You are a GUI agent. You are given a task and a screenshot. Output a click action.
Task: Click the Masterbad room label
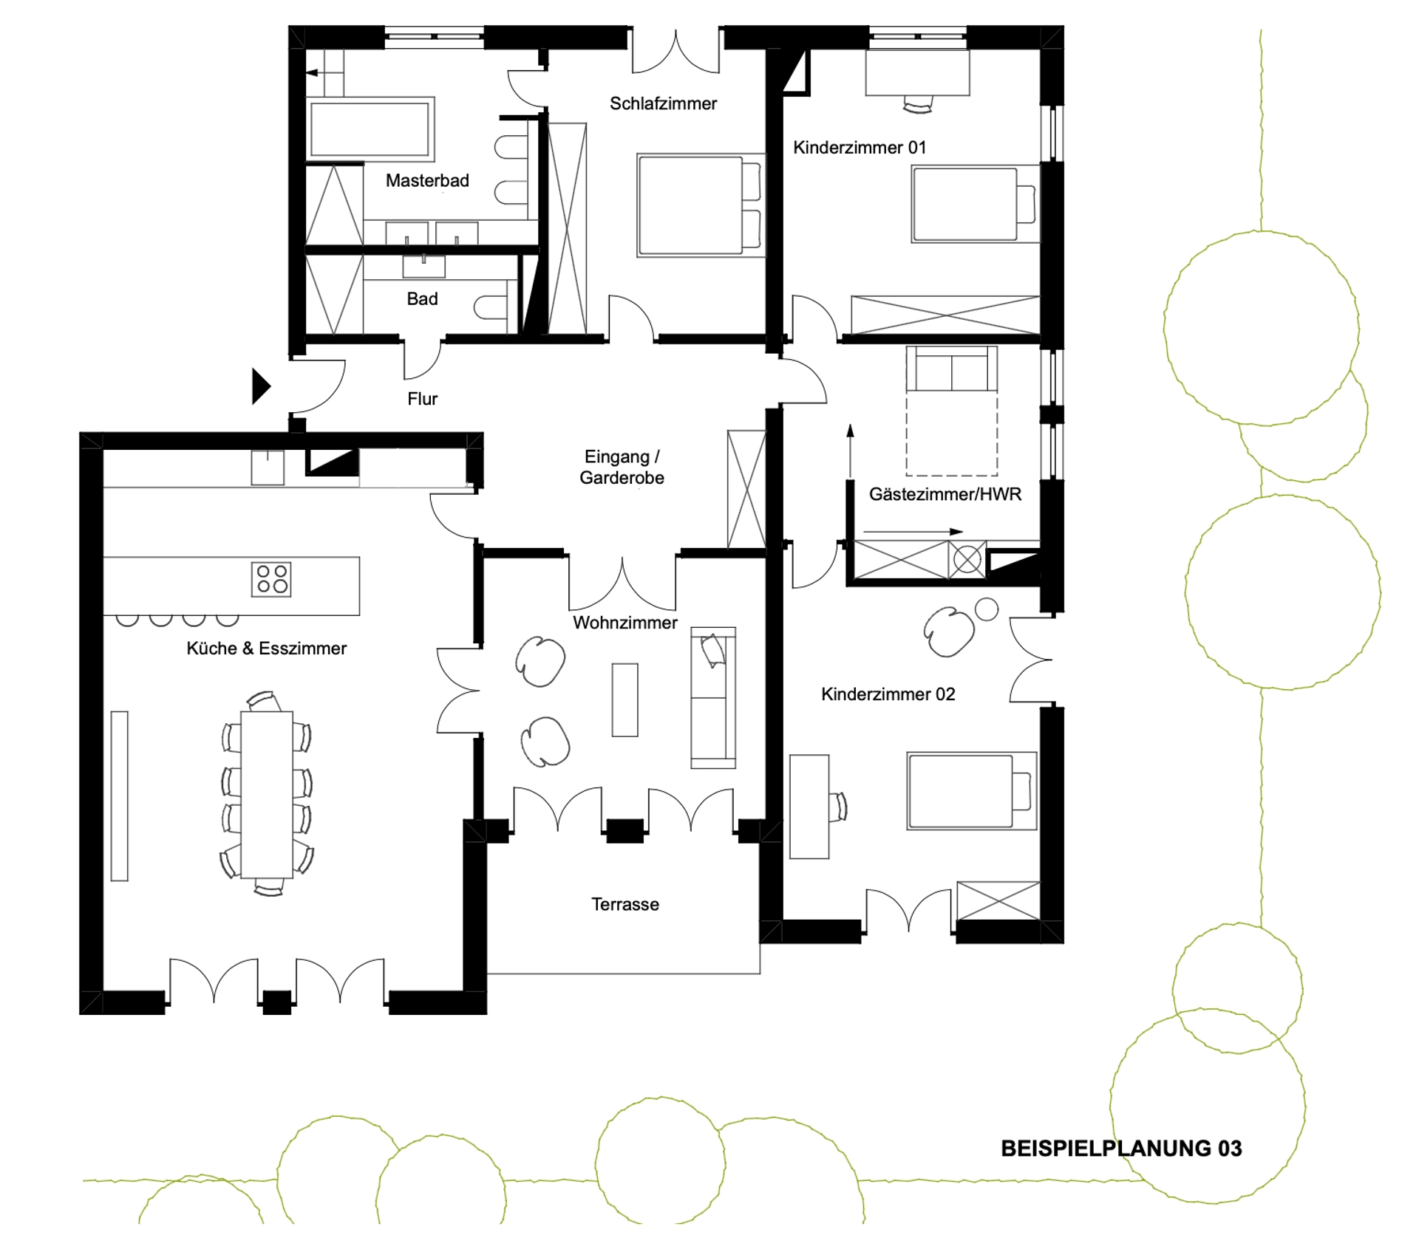pos(427,180)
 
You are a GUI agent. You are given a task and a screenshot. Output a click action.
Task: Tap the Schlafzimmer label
pos(663,103)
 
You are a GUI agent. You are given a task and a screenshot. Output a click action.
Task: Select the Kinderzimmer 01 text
pos(860,148)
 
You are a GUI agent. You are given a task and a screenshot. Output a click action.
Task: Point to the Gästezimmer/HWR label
pos(945,494)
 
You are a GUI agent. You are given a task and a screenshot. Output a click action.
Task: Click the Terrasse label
pos(625,904)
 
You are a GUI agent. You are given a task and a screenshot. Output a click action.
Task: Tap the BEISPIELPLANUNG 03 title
pos(1121,1148)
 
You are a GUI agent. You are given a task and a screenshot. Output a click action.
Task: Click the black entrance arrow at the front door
pos(261,386)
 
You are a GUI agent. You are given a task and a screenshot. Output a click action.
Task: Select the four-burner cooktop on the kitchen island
pos(271,579)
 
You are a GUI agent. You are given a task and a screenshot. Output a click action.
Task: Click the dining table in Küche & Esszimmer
pos(267,794)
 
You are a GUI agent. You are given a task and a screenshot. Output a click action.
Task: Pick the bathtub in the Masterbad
pos(370,129)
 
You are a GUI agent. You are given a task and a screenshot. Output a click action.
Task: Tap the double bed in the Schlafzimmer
pos(700,205)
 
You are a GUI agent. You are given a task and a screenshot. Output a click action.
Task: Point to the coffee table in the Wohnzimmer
pos(625,699)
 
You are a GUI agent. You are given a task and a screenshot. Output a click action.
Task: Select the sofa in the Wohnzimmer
pos(713,698)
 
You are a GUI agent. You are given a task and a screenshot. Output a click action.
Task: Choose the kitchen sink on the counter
pos(268,468)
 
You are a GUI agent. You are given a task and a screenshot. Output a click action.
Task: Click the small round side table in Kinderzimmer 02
pos(987,609)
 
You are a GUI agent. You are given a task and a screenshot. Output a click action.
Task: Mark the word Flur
pos(423,399)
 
